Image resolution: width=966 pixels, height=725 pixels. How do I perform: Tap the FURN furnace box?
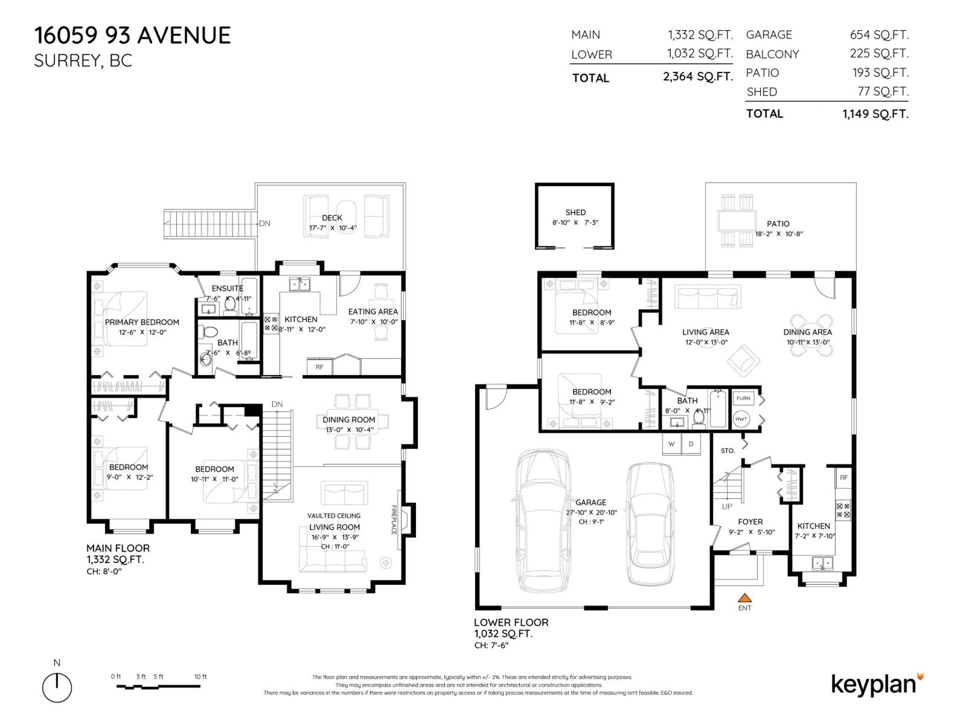(743, 399)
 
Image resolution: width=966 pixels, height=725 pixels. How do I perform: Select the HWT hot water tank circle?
(741, 419)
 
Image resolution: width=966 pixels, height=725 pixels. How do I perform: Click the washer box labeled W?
(671, 444)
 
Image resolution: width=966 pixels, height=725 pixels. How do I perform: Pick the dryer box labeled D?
(691, 444)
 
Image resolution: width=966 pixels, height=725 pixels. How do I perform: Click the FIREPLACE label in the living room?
(394, 520)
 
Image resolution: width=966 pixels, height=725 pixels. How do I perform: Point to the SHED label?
(575, 212)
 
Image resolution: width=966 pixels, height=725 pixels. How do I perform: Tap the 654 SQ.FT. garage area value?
(879, 35)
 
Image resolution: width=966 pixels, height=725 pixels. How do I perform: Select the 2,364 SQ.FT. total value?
(698, 77)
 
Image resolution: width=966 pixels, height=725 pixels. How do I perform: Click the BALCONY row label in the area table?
(772, 54)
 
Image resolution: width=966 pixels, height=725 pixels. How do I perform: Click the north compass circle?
(57, 688)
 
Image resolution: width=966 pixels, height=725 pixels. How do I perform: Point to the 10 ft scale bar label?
(200, 677)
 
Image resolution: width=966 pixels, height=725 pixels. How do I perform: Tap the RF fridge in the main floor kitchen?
(319, 367)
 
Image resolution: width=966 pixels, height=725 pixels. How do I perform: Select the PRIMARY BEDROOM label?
(142, 322)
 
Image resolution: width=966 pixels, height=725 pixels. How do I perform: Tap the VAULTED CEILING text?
(334, 515)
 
